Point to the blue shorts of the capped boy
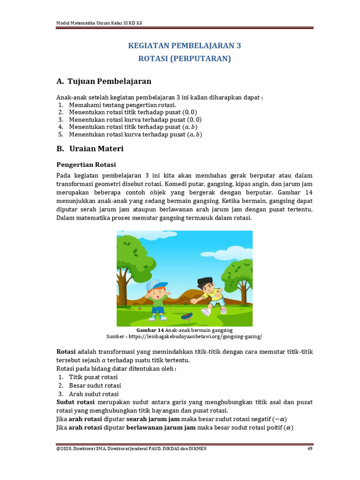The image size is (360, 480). [x=158, y=310]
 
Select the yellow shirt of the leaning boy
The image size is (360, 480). [x=214, y=295]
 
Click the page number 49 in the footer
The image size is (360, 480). [x=310, y=449]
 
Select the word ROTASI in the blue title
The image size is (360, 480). [x=154, y=59]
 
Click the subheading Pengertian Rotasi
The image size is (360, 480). [x=86, y=165]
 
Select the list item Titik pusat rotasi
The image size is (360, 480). [x=93, y=377]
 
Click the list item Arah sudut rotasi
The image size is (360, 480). [x=94, y=394]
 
